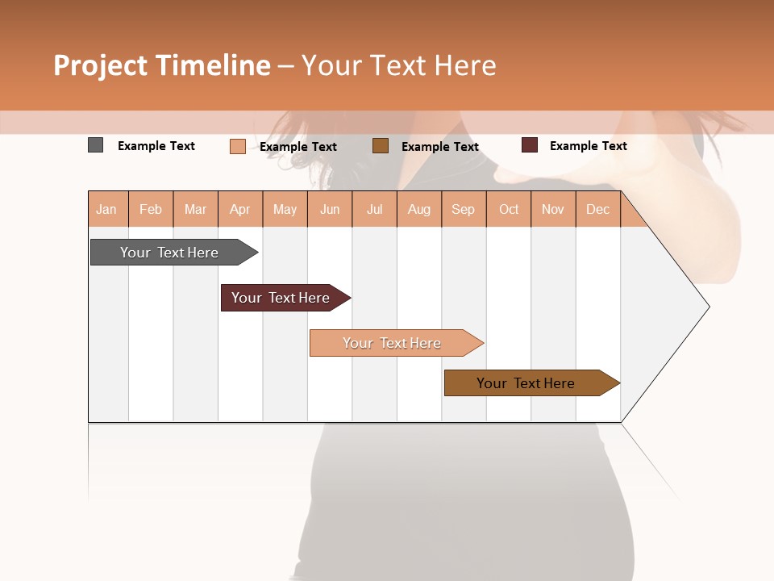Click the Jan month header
click(x=106, y=210)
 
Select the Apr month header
click(x=240, y=210)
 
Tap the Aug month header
click(x=419, y=210)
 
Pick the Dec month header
click(x=598, y=210)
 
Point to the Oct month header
click(x=509, y=210)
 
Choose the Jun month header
click(x=330, y=210)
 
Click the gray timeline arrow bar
click(x=170, y=253)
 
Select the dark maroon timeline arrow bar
click(x=281, y=298)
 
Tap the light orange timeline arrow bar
click(x=393, y=343)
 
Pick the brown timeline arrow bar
click(x=526, y=383)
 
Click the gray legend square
click(x=95, y=145)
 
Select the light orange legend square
click(x=237, y=146)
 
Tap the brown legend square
click(x=381, y=146)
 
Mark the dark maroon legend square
click(x=529, y=145)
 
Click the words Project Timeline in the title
click(x=162, y=65)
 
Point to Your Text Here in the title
click(x=398, y=65)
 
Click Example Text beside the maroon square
click(x=589, y=146)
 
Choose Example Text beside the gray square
click(x=156, y=146)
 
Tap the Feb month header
click(x=151, y=210)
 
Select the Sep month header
click(x=464, y=210)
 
